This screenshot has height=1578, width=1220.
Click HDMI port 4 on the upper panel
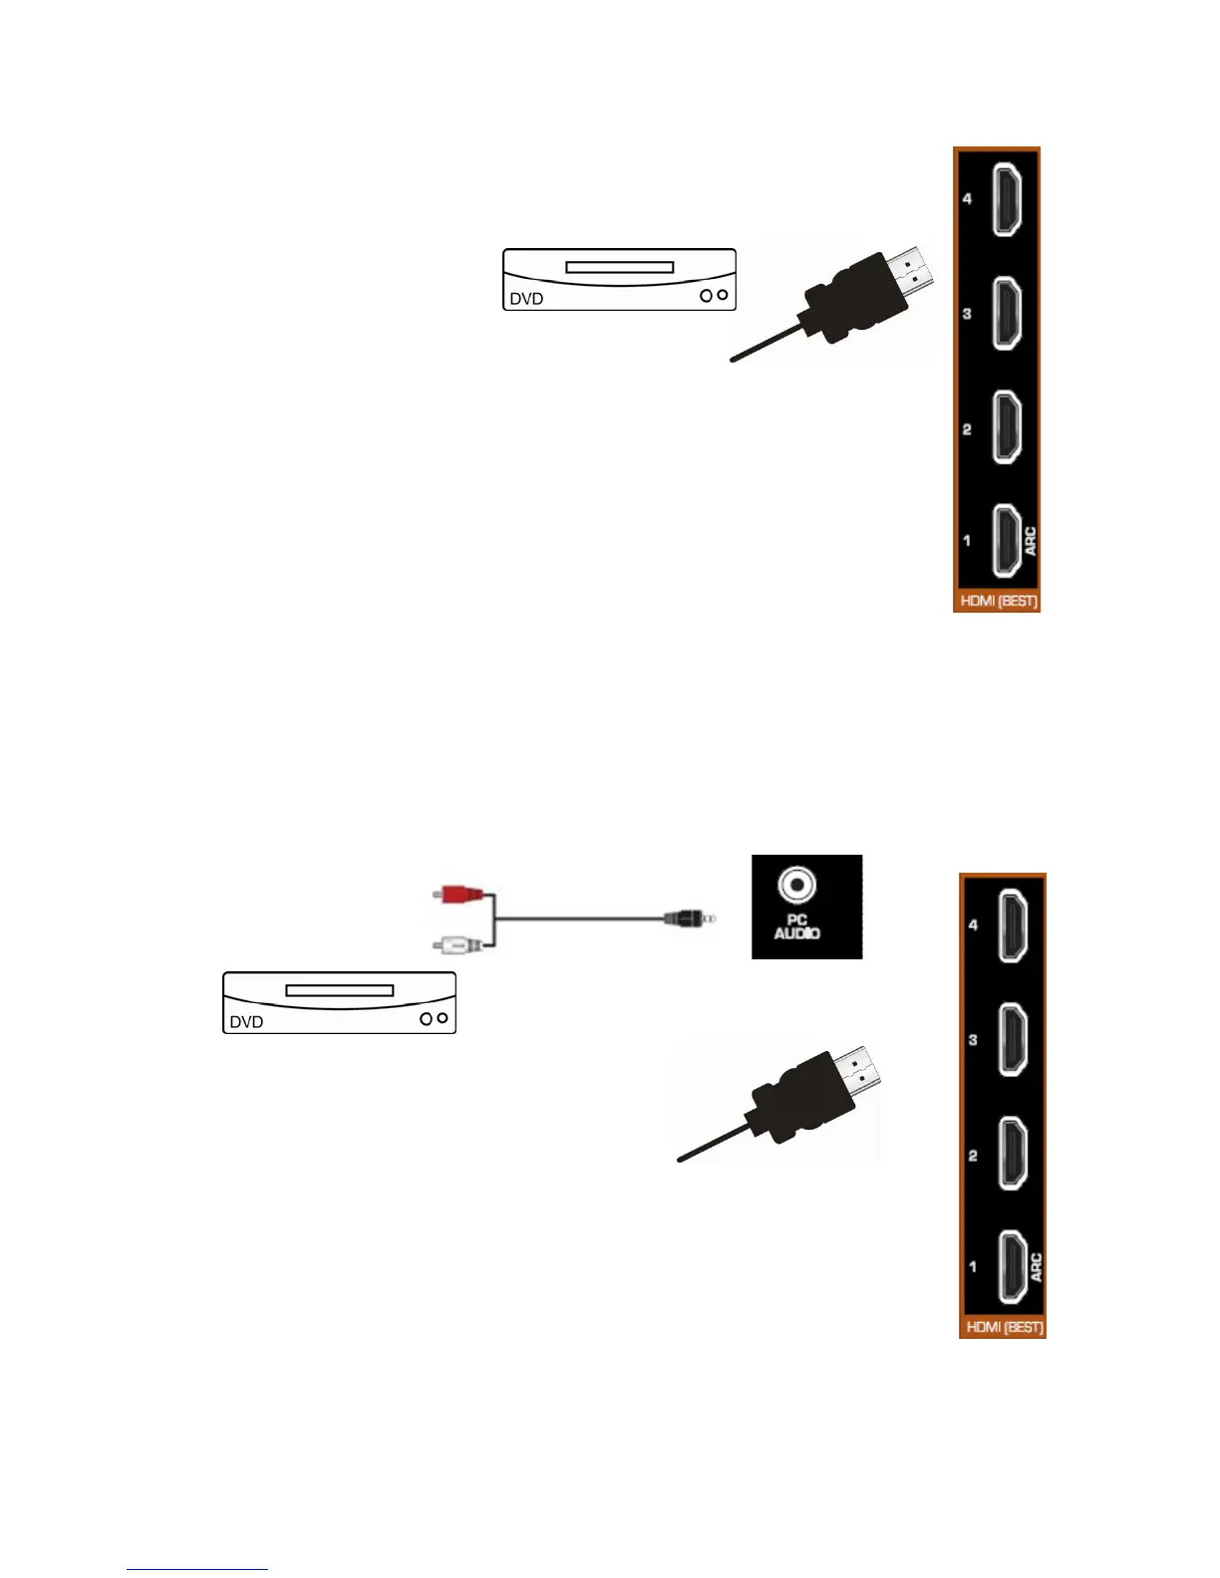pyautogui.click(x=1007, y=199)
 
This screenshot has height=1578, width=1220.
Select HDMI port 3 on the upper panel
pyautogui.click(x=1007, y=314)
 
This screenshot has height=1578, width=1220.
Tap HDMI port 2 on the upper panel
pyautogui.click(x=1007, y=428)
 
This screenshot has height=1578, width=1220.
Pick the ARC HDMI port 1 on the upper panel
pyautogui.click(x=1007, y=541)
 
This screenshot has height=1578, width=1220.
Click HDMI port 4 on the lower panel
pyautogui.click(x=1013, y=925)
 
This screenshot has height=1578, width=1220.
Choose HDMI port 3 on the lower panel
pyautogui.click(x=1013, y=1040)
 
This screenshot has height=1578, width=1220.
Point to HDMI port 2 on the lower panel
pyautogui.click(x=1013, y=1155)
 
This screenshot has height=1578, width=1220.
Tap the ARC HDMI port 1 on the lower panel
pyautogui.click(x=1013, y=1267)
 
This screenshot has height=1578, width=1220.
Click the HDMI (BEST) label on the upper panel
pyautogui.click(x=998, y=602)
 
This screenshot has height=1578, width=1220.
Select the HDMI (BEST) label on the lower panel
pyautogui.click(x=1004, y=1328)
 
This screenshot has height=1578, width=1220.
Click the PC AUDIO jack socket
pyautogui.click(x=796, y=884)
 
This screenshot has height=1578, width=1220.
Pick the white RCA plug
pyautogui.click(x=459, y=942)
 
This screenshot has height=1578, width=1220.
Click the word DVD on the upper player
pyautogui.click(x=526, y=299)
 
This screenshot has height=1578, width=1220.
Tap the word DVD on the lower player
pyautogui.click(x=246, y=1022)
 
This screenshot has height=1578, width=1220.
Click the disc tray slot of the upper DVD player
pyautogui.click(x=619, y=267)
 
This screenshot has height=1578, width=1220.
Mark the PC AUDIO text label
pyautogui.click(x=796, y=927)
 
